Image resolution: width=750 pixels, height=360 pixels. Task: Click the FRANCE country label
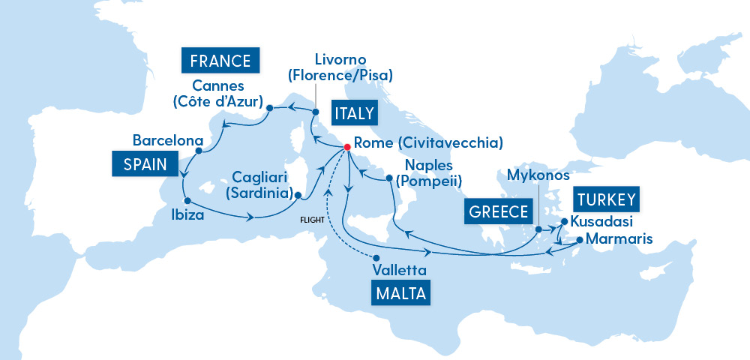click(220, 60)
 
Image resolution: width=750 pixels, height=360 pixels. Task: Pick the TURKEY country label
click(607, 200)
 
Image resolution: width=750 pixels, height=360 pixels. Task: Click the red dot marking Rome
click(347, 146)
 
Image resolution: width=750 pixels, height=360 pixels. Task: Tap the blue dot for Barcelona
click(198, 151)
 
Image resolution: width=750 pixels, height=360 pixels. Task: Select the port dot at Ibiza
click(187, 200)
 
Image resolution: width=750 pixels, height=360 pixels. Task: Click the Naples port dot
click(389, 178)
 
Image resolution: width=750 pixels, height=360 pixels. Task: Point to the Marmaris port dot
click(579, 240)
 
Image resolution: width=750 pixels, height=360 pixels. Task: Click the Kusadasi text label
click(601, 222)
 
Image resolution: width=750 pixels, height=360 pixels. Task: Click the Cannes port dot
click(268, 109)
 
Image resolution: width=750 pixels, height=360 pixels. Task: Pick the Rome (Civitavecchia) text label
click(427, 142)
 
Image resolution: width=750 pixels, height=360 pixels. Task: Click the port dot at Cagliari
click(298, 196)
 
